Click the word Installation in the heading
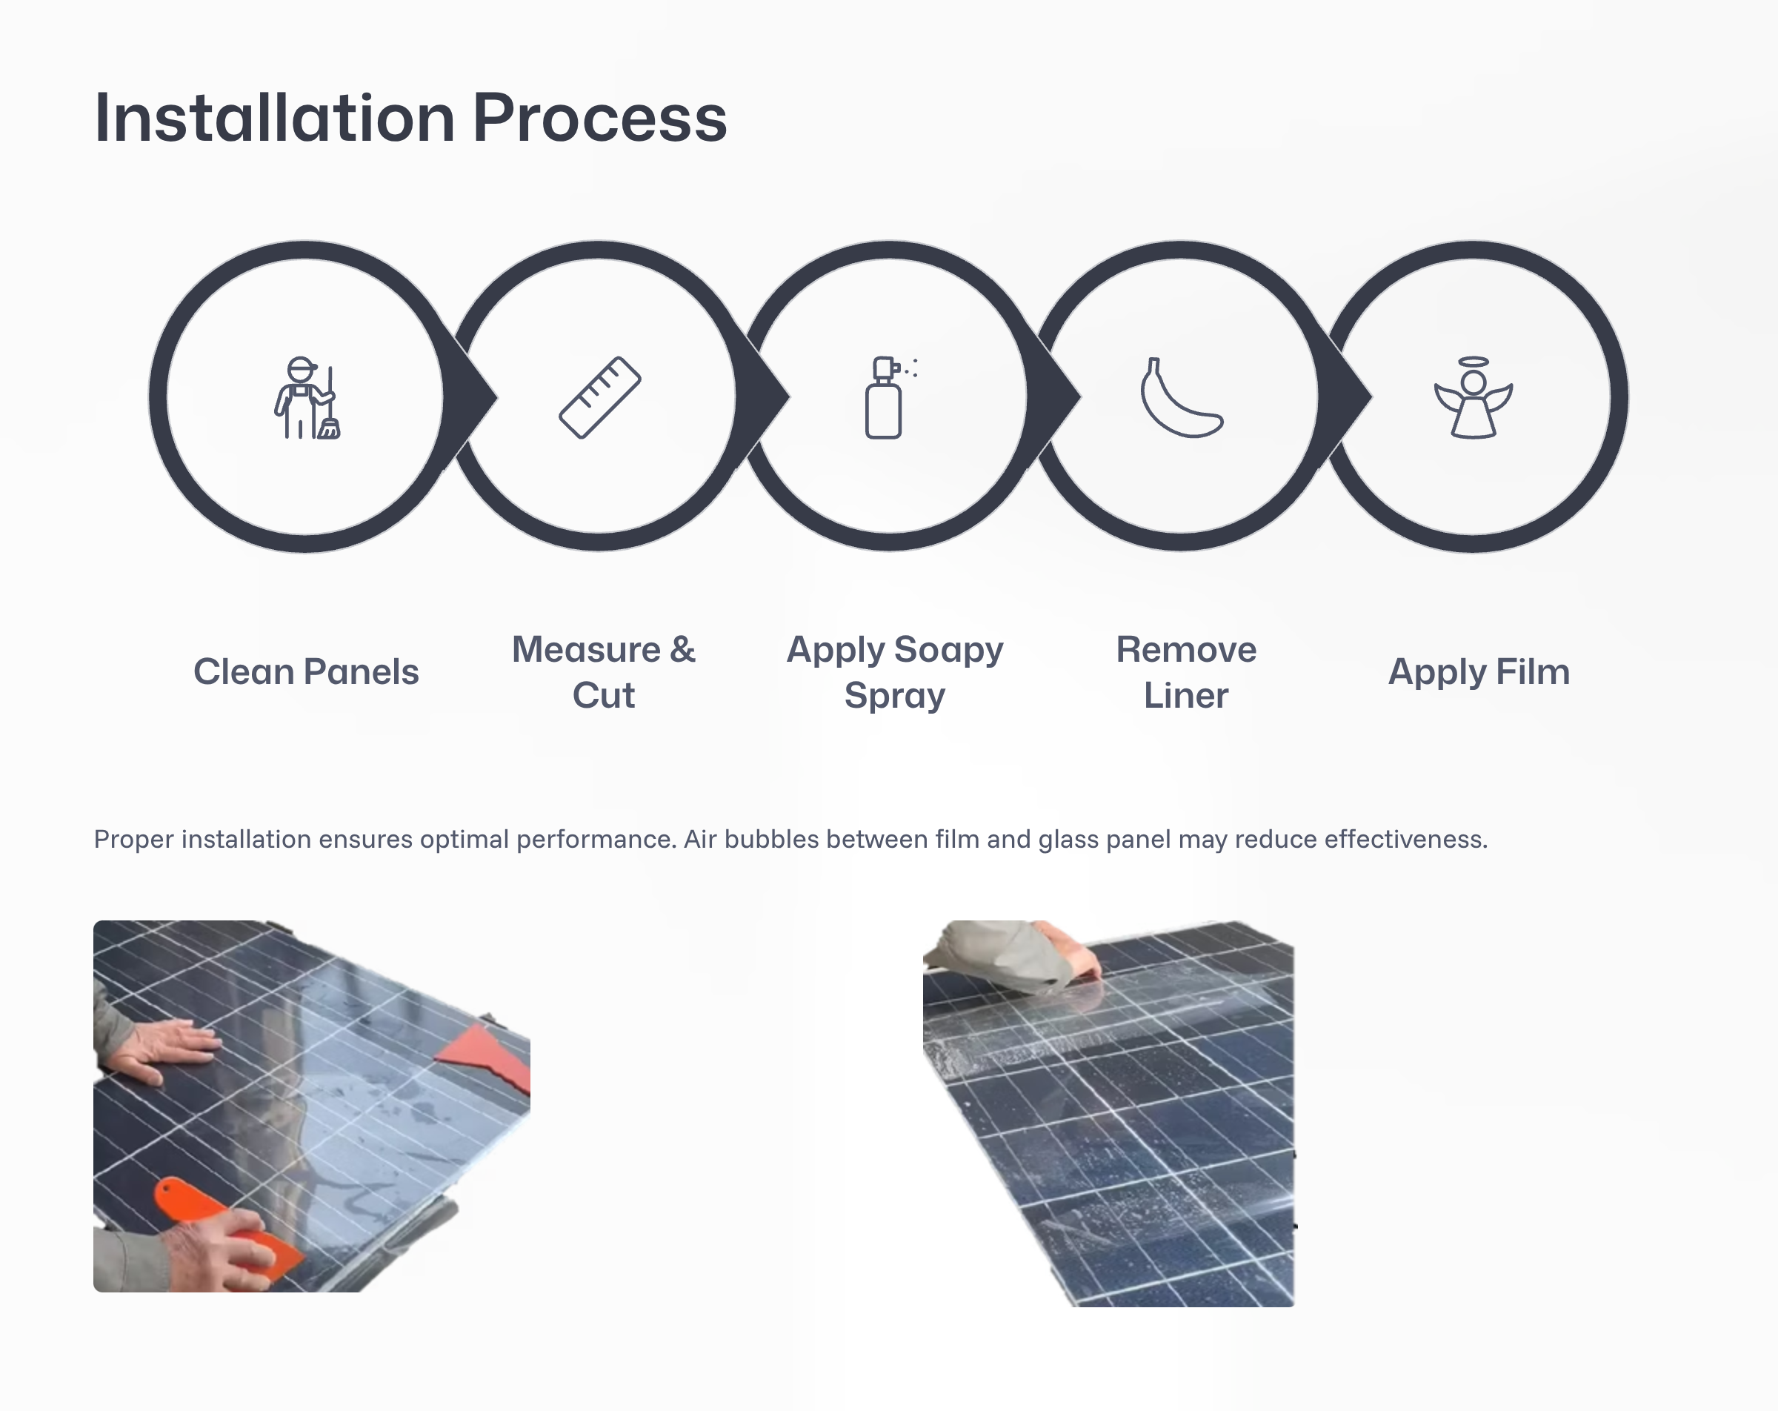tap(275, 118)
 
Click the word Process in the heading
tap(599, 118)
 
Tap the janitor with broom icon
tap(307, 398)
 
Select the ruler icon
tap(599, 398)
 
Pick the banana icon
tap(1182, 398)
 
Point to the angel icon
tap(1474, 398)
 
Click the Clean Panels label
tap(306, 671)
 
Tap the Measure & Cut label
tap(604, 672)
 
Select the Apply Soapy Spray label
tap(895, 672)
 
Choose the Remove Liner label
tap(1186, 672)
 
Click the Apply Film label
tap(1479, 671)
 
